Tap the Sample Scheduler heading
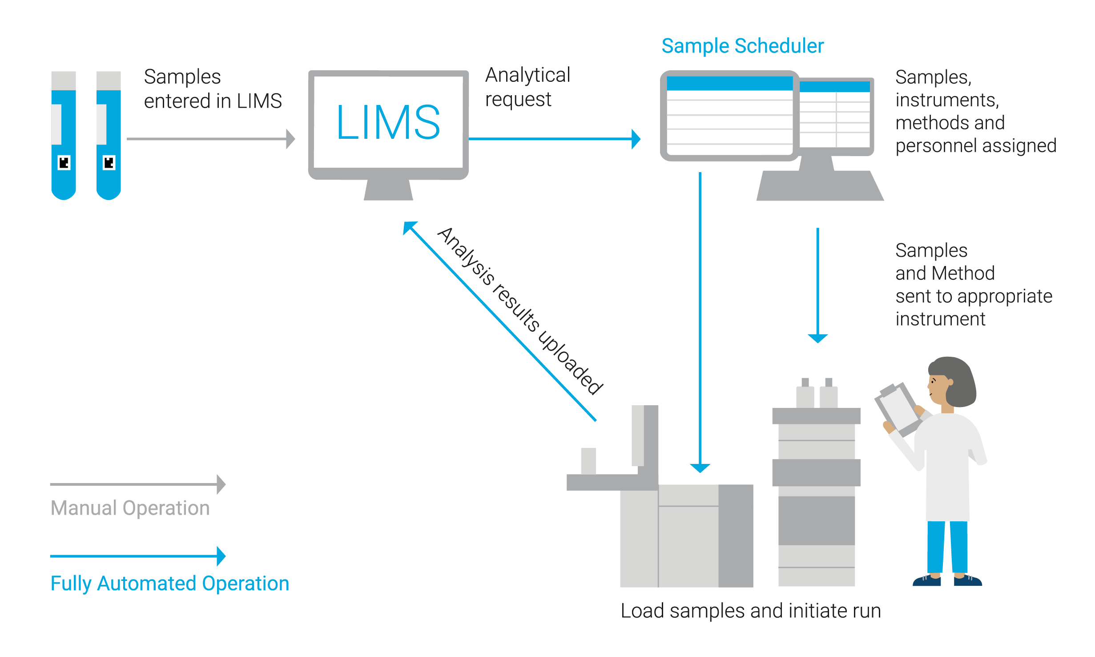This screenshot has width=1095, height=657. click(742, 46)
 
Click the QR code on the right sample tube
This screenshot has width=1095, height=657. click(109, 163)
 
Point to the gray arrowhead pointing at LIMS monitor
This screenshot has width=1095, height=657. click(291, 139)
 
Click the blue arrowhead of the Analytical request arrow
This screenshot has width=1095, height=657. click(636, 139)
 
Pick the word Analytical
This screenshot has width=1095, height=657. click(527, 75)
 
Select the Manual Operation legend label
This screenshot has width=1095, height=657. click(130, 508)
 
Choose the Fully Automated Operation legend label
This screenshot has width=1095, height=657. click(169, 584)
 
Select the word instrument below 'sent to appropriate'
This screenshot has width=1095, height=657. click(940, 319)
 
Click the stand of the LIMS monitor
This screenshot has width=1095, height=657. click(388, 190)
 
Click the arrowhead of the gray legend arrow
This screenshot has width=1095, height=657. click(221, 484)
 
